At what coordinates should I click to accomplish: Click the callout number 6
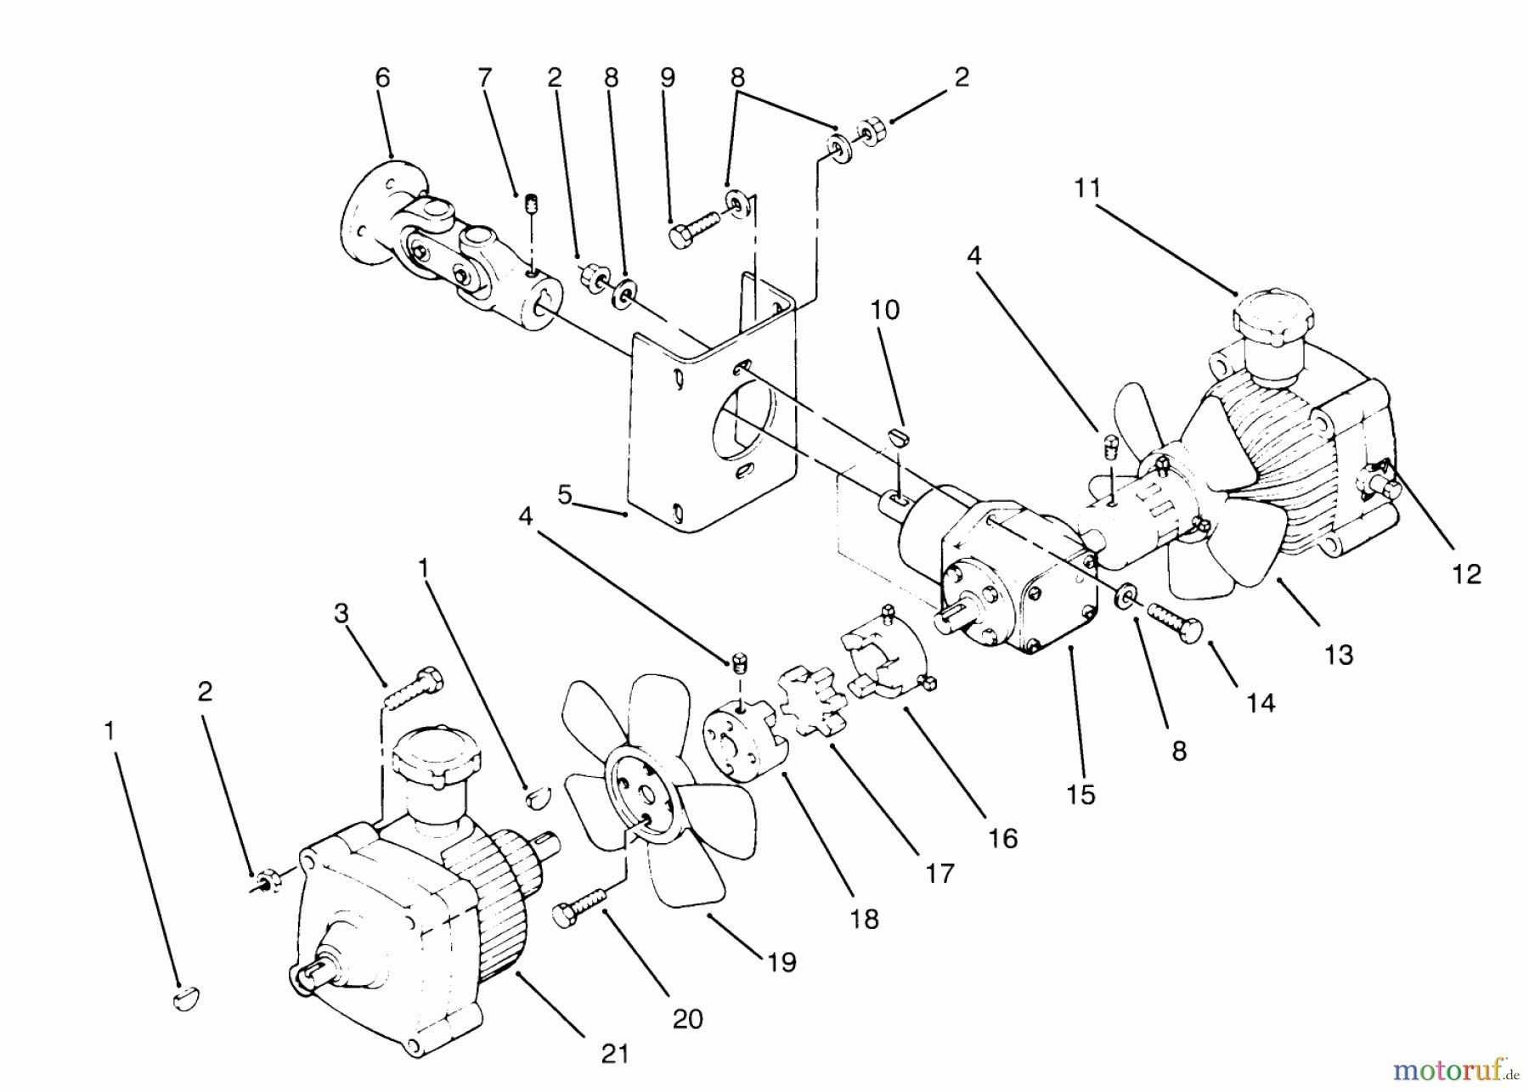(382, 78)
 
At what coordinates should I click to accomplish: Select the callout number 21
(615, 1054)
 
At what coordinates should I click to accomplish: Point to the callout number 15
(1080, 795)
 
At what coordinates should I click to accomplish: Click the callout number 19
(781, 962)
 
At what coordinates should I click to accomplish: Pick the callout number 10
(885, 310)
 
